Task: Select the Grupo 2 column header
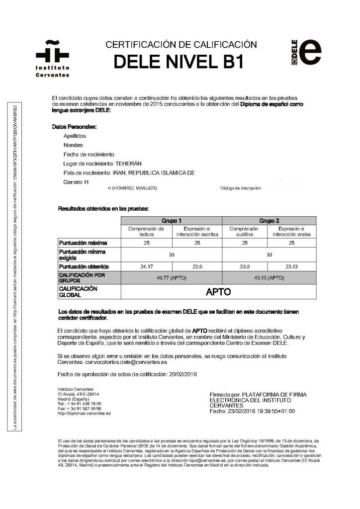269,220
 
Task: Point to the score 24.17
147,266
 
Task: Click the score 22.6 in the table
197,266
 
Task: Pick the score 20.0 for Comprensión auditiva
245,266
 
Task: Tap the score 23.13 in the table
292,266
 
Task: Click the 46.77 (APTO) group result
172,277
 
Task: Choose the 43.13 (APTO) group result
269,277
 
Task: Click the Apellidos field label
75,136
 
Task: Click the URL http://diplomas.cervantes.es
84,413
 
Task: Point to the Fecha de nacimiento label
90,154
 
